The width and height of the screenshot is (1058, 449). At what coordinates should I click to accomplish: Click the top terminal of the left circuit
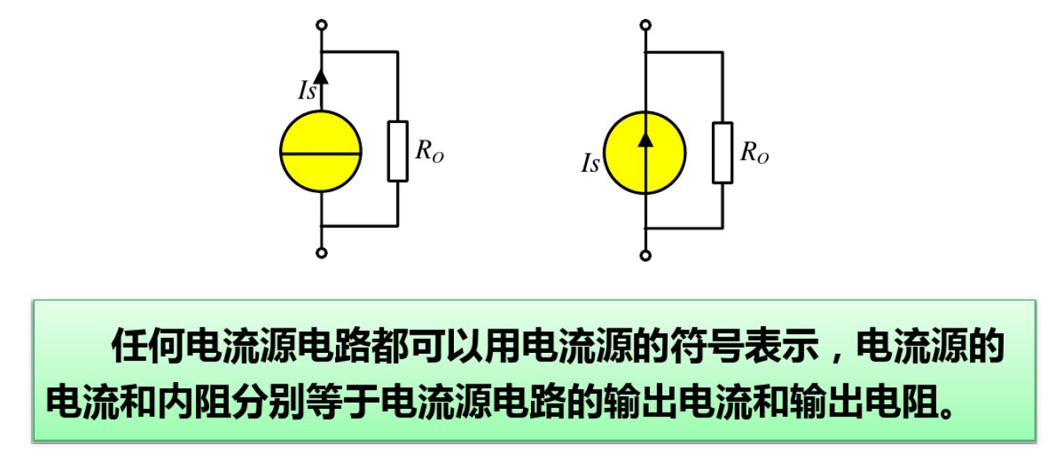pyautogui.click(x=321, y=25)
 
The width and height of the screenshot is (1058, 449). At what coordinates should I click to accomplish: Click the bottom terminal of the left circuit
pyautogui.click(x=321, y=253)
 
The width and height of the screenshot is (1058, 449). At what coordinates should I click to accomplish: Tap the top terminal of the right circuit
pyautogui.click(x=645, y=25)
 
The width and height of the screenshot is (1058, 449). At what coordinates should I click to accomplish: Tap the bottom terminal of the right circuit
pyautogui.click(x=645, y=254)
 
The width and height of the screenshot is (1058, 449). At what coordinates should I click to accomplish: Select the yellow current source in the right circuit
pyautogui.click(x=645, y=152)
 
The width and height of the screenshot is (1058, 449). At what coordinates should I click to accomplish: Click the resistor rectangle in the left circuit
pyautogui.click(x=398, y=151)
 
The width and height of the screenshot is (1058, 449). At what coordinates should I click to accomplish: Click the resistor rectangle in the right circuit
pyautogui.click(x=722, y=152)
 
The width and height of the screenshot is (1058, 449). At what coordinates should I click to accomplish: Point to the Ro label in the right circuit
pyautogui.click(x=754, y=154)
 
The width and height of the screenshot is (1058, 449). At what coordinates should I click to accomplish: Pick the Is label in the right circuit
pyautogui.click(x=590, y=164)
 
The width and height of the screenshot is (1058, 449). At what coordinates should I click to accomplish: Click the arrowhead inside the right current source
pyautogui.click(x=645, y=138)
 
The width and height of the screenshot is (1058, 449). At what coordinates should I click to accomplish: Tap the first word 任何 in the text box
pyautogui.click(x=146, y=347)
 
